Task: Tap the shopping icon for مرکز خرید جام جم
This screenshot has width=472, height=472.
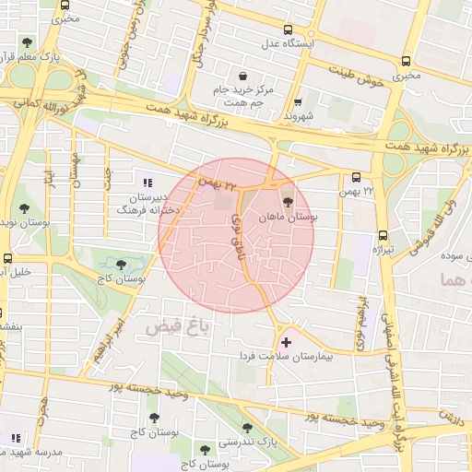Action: click(x=242, y=77)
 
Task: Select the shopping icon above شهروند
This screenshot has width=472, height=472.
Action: click(x=297, y=103)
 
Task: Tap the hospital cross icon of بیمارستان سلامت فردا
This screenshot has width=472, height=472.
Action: click(x=286, y=342)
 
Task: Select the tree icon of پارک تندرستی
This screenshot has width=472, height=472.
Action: click(x=246, y=428)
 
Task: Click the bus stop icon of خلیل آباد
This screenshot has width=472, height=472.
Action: click(x=6, y=259)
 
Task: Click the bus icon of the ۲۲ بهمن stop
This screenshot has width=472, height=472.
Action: click(x=357, y=178)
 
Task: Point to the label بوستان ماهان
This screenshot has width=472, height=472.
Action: click(x=289, y=218)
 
